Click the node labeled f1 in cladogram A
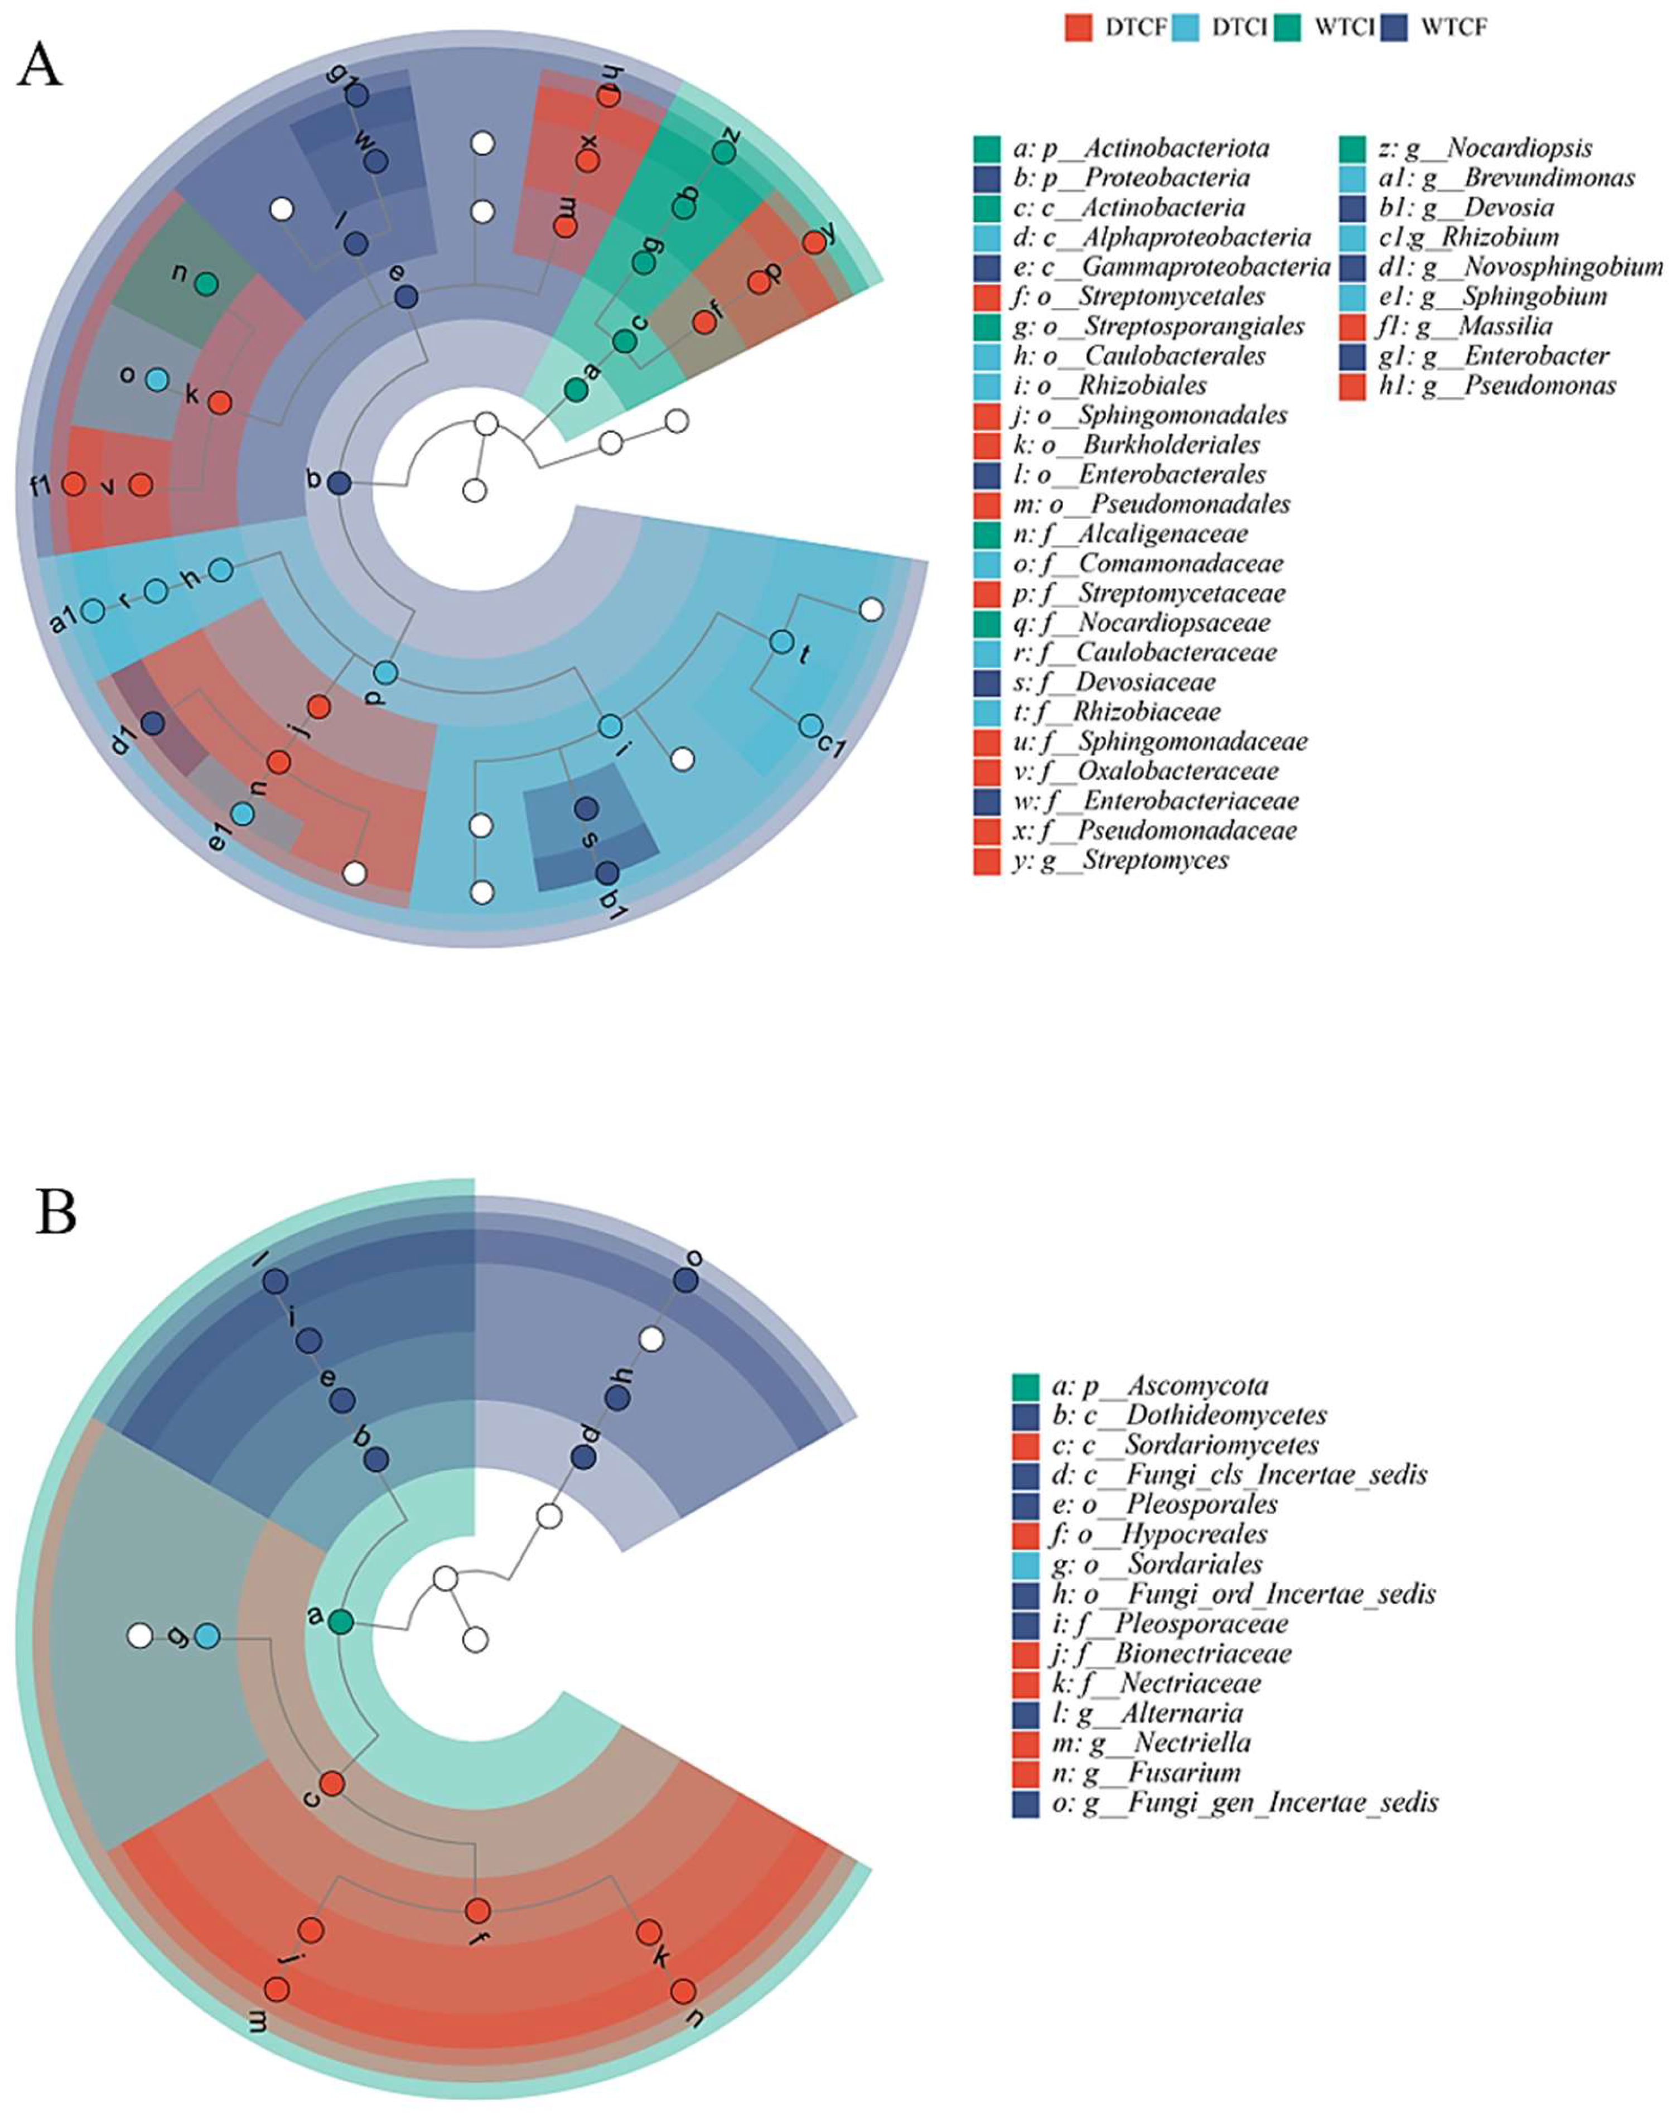click(73, 484)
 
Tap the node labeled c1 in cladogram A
click(810, 725)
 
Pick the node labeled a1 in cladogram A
click(93, 610)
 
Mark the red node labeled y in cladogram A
click(814, 243)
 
